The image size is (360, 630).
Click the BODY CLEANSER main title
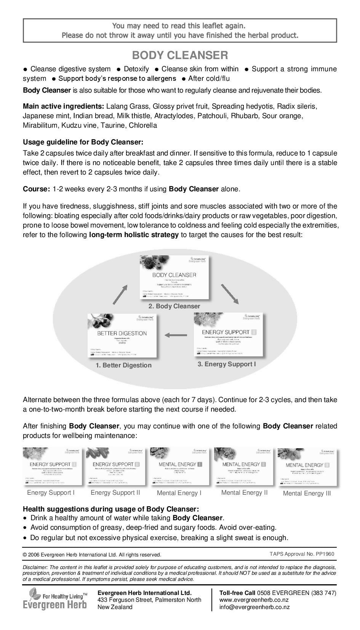pyautogui.click(x=180, y=56)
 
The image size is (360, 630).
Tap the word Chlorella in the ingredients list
pyautogui.click(x=143, y=125)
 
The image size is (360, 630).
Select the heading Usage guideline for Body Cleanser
pyautogui.click(x=83, y=142)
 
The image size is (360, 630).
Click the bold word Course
pyautogui.click(x=36, y=189)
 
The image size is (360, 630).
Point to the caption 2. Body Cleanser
pyautogui.click(x=174, y=306)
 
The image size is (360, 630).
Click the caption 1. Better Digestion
pyautogui.click(x=123, y=365)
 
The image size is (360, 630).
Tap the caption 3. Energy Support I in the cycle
pyautogui.click(x=227, y=364)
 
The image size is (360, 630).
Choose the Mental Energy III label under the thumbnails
pyautogui.click(x=307, y=494)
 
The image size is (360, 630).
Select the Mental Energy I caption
pyautogui.click(x=179, y=493)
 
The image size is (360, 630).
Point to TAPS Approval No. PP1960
pyautogui.click(x=302, y=554)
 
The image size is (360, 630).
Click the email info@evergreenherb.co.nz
pyautogui.click(x=254, y=607)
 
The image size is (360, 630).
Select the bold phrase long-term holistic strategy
pyautogui.click(x=134, y=235)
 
